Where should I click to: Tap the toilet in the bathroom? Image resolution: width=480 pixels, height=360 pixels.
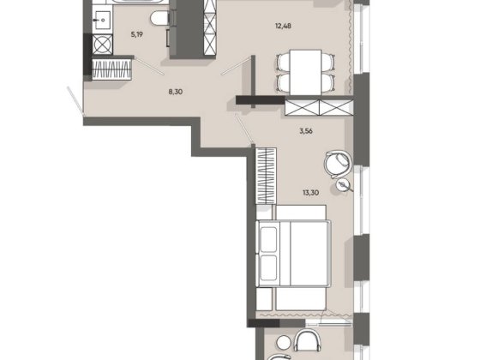(x=159, y=16)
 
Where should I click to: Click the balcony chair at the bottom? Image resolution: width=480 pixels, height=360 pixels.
(x=307, y=345)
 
